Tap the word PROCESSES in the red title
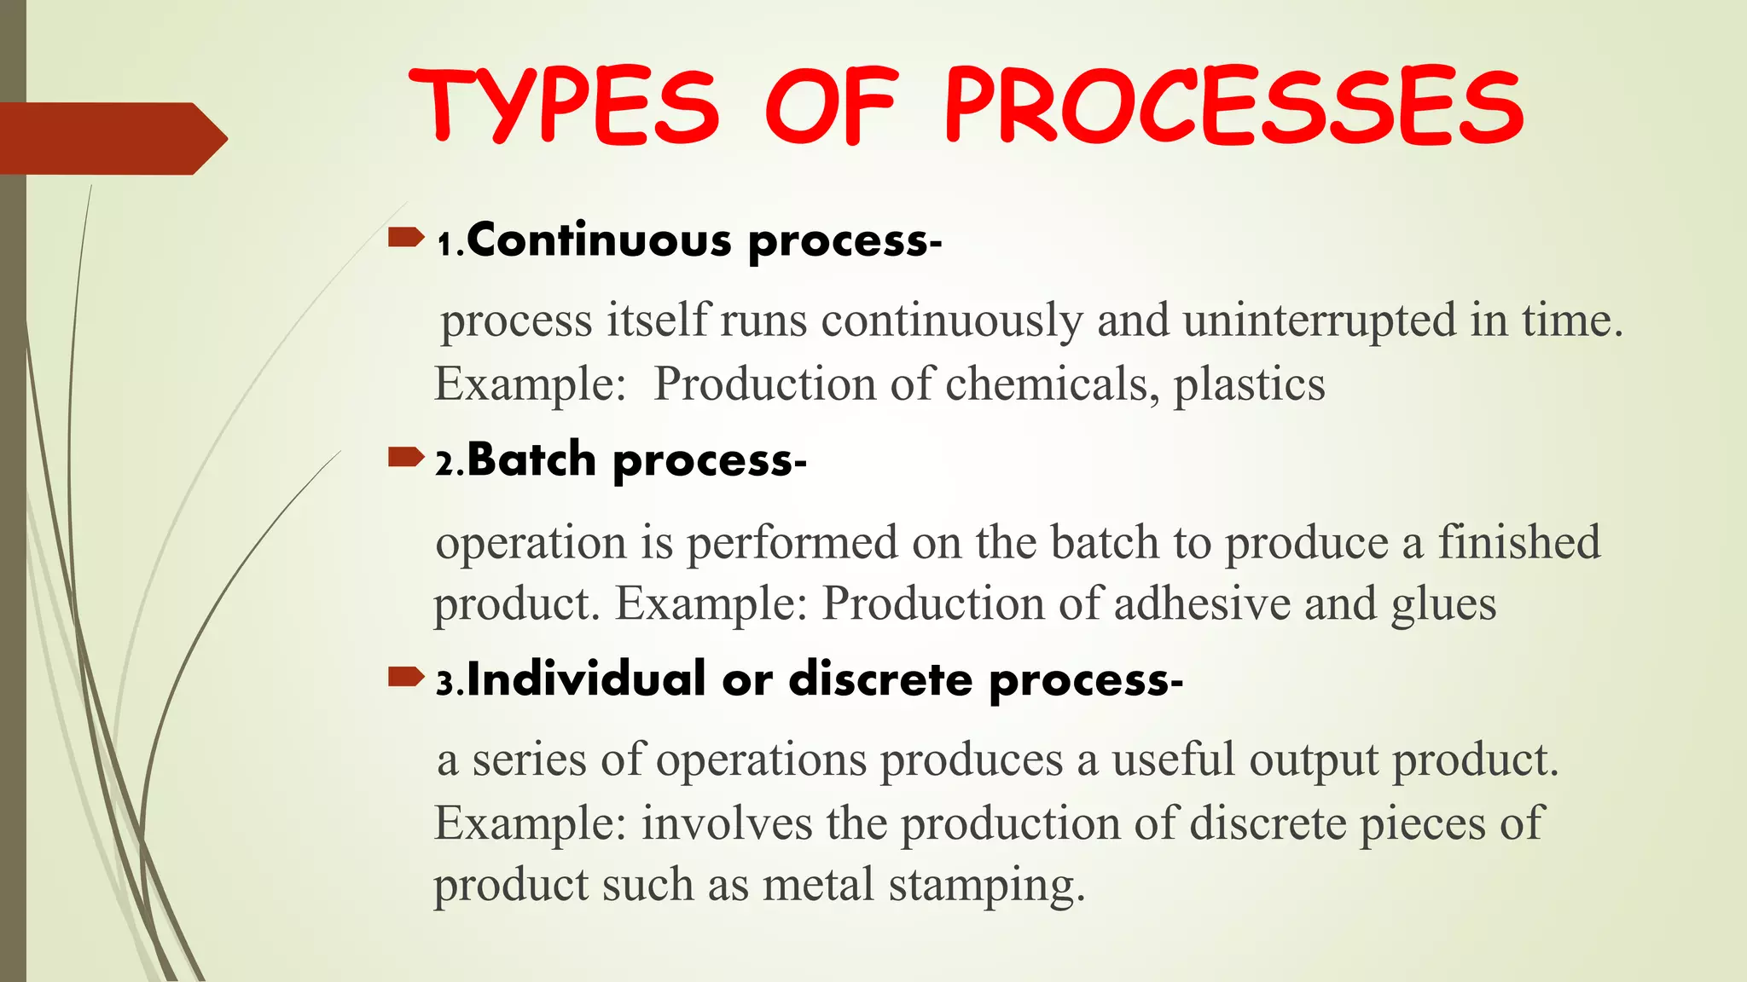1233,107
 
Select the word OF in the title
831,107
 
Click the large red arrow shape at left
111,138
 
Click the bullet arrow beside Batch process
405,458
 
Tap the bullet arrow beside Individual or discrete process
405,678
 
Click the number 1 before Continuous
444,245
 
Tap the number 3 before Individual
444,684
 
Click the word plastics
1249,384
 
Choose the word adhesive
1202,604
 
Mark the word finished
1519,542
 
